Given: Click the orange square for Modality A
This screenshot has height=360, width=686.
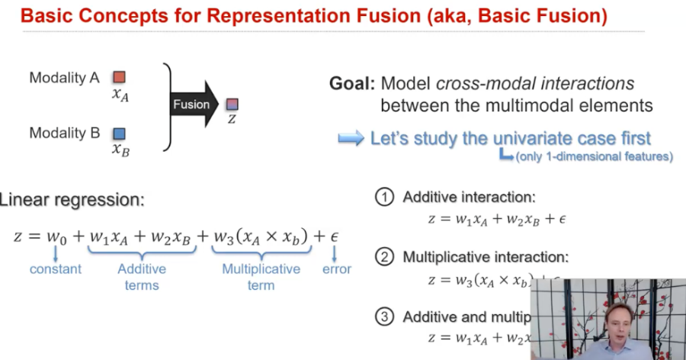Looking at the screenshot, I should [x=119, y=77].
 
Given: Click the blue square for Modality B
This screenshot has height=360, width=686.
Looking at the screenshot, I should [x=120, y=133].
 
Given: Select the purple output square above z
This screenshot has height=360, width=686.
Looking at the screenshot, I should [x=232, y=103].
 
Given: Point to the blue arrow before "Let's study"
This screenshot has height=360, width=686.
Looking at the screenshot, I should [x=351, y=138].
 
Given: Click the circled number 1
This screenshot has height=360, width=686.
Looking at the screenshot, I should [x=385, y=198].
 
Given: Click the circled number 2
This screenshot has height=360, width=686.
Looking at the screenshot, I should [x=385, y=257].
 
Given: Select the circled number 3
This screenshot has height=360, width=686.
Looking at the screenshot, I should [x=385, y=317].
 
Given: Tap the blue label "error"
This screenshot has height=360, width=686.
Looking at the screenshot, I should [x=336, y=269].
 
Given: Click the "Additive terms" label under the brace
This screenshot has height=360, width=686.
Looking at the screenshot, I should [x=141, y=277].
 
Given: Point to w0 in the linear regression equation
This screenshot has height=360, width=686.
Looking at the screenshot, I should [x=58, y=236].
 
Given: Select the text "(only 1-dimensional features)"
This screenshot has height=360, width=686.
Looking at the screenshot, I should [x=594, y=157].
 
